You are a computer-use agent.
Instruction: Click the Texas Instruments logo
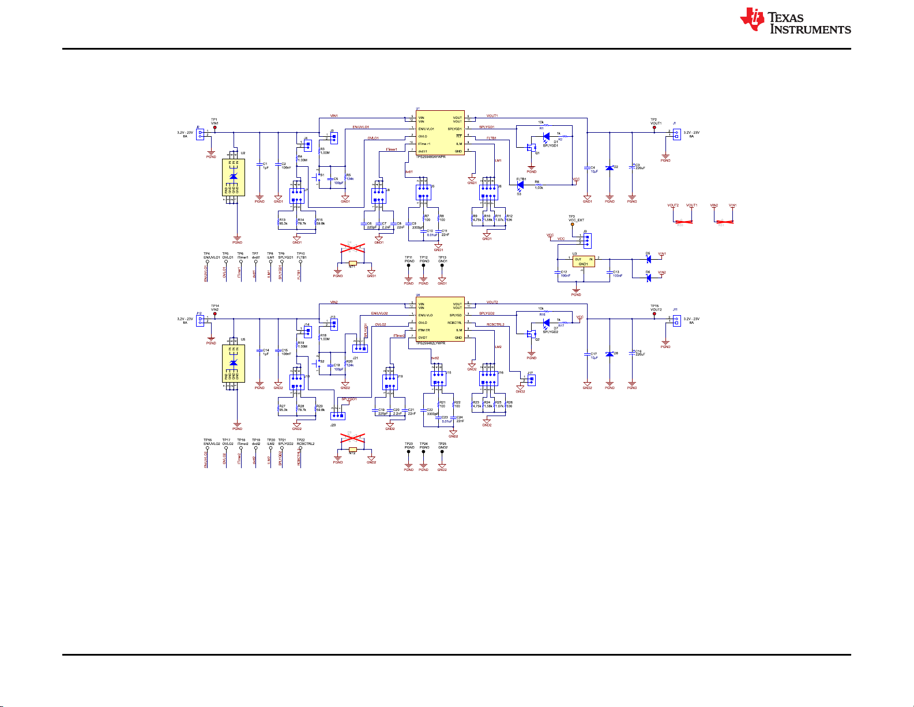tap(795, 21)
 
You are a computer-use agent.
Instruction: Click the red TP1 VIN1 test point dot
tap(215, 128)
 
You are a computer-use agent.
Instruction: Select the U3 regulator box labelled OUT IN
tap(583, 261)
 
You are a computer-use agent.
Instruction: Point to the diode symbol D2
tap(610, 167)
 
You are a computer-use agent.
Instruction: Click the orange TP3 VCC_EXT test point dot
tap(572, 224)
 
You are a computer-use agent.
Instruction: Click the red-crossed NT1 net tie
tap(353, 263)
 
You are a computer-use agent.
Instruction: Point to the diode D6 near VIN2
tap(648, 278)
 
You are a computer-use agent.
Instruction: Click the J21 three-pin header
tap(360, 348)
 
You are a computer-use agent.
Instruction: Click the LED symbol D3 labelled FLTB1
tap(520, 185)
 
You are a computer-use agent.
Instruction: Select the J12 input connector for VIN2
tap(200, 320)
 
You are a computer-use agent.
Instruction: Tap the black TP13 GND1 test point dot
tap(442, 265)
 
